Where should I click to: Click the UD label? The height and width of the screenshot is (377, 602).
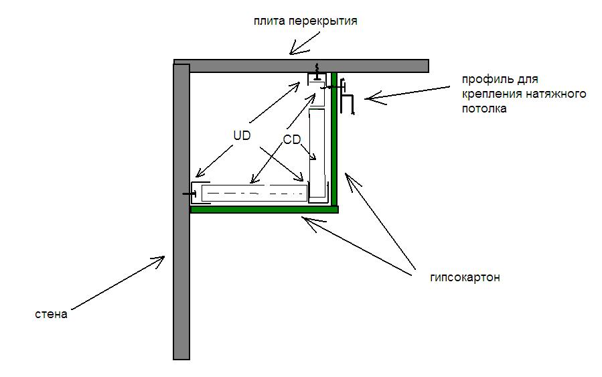242,135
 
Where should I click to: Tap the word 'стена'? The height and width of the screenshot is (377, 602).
52,314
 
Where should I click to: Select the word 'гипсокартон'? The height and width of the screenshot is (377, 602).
465,277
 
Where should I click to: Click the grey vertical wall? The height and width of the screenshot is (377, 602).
181,268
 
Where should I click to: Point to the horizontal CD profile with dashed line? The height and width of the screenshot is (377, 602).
254,194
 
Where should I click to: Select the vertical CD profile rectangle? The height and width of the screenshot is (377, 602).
317,154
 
